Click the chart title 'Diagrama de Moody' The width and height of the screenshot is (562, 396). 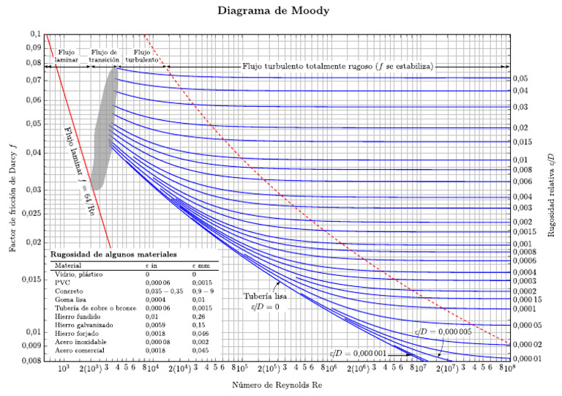(280, 12)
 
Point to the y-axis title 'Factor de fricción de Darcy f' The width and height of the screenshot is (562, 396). (14, 198)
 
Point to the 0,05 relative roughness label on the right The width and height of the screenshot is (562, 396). (520, 78)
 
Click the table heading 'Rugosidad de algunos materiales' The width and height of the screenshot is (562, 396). (112, 255)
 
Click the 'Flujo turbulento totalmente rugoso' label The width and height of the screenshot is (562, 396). (338, 66)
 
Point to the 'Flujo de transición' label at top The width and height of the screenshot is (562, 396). (105, 56)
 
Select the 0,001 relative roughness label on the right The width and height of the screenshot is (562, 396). (521, 244)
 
